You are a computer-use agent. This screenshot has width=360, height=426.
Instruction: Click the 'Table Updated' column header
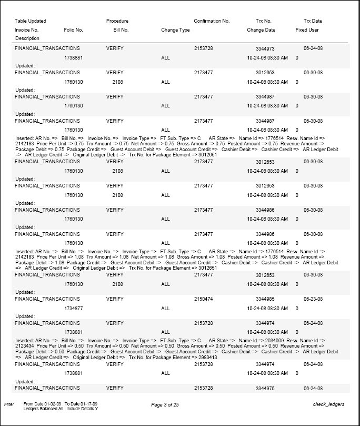tap(31, 21)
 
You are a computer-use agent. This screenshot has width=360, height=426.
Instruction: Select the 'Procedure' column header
tap(117, 21)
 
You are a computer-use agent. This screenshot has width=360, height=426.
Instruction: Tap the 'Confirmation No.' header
tap(212, 21)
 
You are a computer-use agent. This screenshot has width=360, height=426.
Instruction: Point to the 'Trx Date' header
tap(313, 21)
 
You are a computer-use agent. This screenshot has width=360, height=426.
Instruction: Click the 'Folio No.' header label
tap(73, 30)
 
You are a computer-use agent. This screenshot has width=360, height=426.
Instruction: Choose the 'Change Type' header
tap(175, 30)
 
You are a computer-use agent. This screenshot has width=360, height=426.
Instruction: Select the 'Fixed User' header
tap(307, 30)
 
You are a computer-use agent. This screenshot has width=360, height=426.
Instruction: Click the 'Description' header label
tap(27, 38)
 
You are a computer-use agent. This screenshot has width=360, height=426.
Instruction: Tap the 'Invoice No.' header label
tap(27, 30)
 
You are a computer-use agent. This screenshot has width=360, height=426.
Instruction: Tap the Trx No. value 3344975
tap(265, 388)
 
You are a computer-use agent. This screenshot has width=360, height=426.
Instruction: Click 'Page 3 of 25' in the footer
tap(165, 404)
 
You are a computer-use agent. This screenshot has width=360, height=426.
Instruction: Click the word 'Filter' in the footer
tap(8, 404)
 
